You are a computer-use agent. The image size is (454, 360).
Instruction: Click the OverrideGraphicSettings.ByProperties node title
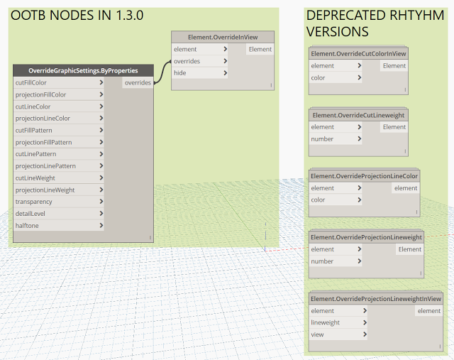click(x=83, y=71)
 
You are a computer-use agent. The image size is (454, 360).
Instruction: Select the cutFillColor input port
click(x=59, y=82)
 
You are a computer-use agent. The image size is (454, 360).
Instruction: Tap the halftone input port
click(x=59, y=226)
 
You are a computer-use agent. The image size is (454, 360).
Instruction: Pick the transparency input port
click(x=59, y=202)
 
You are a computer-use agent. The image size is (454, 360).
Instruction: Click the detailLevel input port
click(x=59, y=214)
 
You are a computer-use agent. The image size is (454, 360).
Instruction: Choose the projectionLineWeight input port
click(x=59, y=190)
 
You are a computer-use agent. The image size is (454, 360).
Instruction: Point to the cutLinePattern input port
click(x=59, y=154)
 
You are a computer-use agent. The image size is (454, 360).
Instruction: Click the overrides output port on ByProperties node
click(x=138, y=82)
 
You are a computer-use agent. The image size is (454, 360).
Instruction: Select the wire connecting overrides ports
click(x=162, y=72)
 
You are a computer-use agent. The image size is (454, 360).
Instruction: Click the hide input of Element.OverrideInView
click(x=199, y=73)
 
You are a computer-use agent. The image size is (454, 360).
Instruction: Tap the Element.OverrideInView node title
click(x=223, y=38)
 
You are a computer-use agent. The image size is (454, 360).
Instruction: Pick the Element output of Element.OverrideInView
click(x=260, y=49)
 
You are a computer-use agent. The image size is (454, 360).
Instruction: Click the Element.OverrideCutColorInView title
click(x=358, y=54)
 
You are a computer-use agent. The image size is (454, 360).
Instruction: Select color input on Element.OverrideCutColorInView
click(x=336, y=77)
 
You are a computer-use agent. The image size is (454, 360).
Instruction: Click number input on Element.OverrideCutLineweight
click(x=336, y=139)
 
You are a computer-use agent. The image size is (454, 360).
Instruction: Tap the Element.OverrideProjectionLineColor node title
click(x=364, y=176)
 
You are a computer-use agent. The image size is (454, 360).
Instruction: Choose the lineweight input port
click(x=338, y=322)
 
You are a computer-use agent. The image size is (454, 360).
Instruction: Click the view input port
click(x=338, y=334)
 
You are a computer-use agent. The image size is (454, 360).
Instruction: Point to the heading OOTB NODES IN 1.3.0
click(x=77, y=16)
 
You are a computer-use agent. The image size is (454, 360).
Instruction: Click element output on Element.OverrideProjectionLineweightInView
click(x=428, y=311)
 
